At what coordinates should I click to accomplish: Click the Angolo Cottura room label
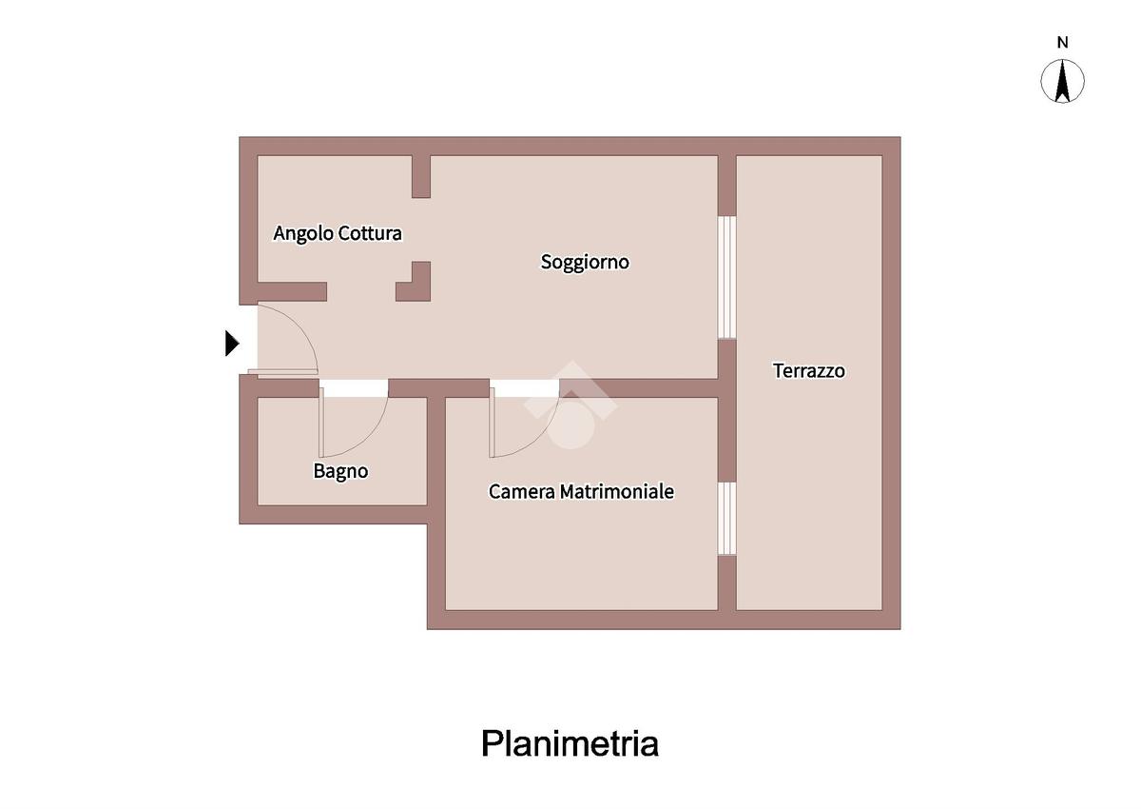(338, 233)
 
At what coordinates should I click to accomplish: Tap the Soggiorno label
(585, 262)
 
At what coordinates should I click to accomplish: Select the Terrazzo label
(808, 371)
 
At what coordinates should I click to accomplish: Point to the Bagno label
(340, 471)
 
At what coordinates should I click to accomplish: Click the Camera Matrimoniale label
(581, 492)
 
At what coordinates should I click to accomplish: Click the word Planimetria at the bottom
(570, 743)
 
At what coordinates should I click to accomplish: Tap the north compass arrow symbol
(1063, 81)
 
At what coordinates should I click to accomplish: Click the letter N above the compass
(1063, 42)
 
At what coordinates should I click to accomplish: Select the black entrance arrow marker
(231, 343)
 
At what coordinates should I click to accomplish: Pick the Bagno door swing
(352, 424)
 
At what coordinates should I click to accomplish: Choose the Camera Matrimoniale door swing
(518, 424)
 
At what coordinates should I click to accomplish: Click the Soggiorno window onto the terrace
(727, 277)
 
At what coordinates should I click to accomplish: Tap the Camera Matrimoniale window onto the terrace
(727, 518)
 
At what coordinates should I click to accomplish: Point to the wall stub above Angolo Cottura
(420, 176)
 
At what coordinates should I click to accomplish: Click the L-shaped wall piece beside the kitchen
(416, 284)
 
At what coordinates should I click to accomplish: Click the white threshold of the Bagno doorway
(354, 388)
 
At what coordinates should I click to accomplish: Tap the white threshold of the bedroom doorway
(524, 388)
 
